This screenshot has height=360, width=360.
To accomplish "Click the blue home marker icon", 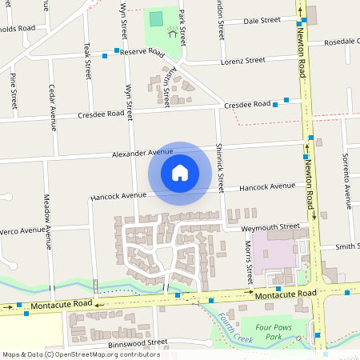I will tap(180, 173).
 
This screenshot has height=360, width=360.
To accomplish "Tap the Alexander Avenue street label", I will tap(142, 152).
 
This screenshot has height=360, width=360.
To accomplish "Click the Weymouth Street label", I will tap(276, 227).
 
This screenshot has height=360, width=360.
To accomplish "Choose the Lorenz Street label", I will tap(244, 60).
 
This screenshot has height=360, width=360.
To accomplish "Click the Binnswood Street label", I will tap(137, 342).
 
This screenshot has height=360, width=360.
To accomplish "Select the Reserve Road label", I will tap(142, 53).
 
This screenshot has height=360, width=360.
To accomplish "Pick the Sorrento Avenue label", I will tap(346, 174).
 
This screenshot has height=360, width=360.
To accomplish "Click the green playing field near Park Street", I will tap(154, 18).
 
